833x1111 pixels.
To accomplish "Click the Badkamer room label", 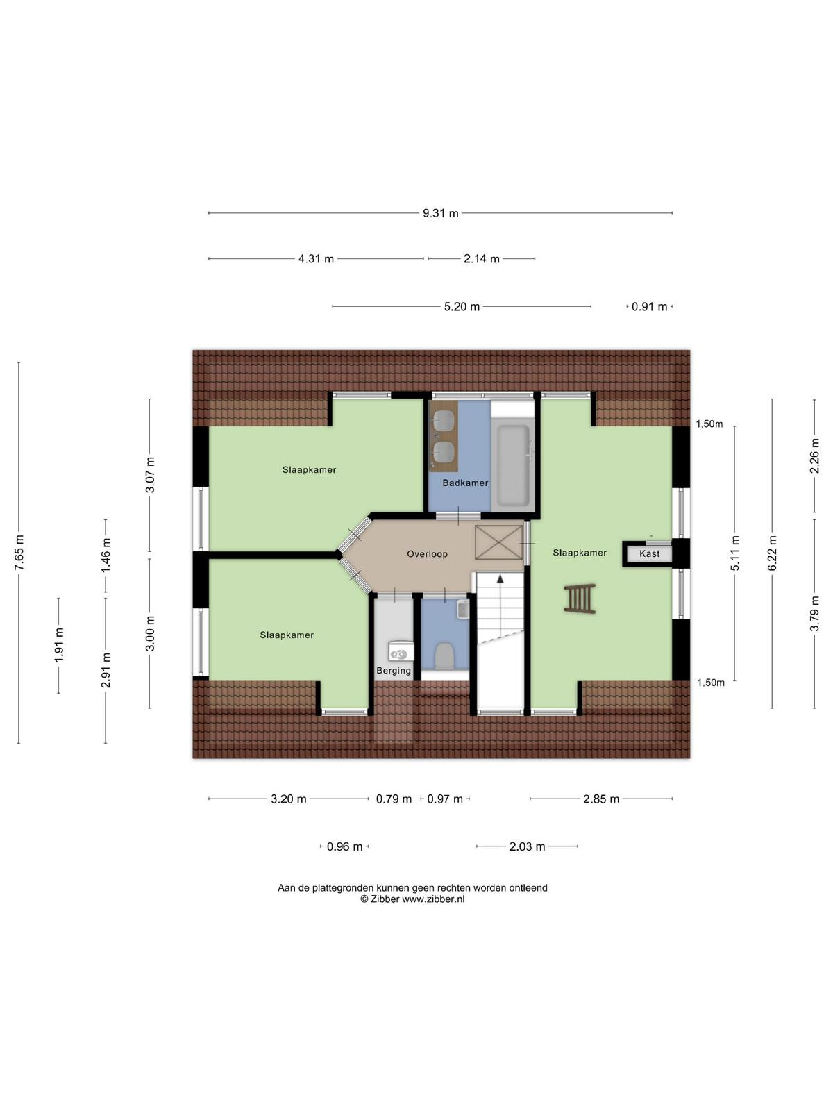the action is [465, 483].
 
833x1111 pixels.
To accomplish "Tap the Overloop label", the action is [427, 553].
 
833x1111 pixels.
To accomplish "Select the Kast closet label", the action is [649, 553].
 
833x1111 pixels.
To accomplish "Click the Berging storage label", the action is [394, 671].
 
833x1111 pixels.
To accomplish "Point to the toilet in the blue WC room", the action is [444, 656].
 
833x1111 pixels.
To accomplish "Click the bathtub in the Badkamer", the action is [513, 465].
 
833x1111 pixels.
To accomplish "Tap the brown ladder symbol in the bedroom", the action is [580, 599].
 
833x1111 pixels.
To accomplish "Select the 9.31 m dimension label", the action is [441, 214].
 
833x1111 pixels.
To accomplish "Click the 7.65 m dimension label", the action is [19, 552].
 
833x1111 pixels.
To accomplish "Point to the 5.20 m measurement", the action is [462, 307].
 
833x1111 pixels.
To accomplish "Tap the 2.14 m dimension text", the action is [482, 259].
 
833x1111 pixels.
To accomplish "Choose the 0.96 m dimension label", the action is [344, 846].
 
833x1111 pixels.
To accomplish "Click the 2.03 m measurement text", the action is [527, 846].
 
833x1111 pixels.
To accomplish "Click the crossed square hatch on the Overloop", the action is [498, 542].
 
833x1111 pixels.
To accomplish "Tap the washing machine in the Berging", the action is [401, 651].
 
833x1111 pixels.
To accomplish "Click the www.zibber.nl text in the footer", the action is [433, 899].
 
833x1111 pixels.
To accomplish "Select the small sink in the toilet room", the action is [463, 609].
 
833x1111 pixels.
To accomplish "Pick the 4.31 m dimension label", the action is [316, 259].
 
